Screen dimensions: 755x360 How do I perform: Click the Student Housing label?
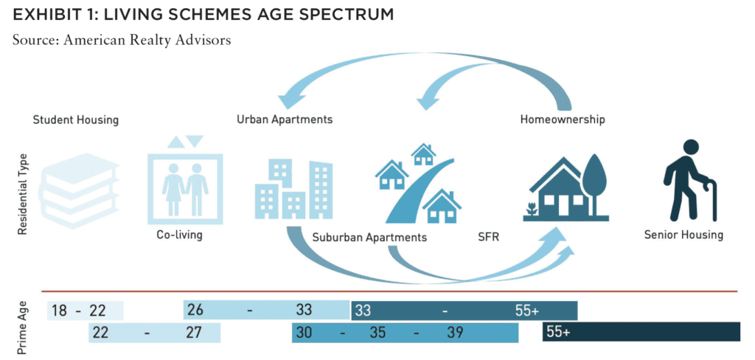(x=76, y=120)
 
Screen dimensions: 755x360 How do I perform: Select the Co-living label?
(x=179, y=235)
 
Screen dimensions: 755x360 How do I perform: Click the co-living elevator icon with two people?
(x=185, y=179)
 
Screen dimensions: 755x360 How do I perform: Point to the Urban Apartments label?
(x=285, y=120)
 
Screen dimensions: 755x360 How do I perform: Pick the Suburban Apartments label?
(x=369, y=237)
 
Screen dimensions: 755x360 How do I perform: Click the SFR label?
(x=488, y=237)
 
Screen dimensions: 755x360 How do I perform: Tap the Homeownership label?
(x=563, y=119)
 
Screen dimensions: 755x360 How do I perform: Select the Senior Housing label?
(x=683, y=235)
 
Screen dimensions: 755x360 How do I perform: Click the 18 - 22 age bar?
(x=86, y=311)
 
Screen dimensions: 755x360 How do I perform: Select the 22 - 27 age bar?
(x=154, y=333)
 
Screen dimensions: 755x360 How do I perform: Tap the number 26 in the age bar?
(x=195, y=311)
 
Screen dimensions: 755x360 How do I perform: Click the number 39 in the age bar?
(x=454, y=333)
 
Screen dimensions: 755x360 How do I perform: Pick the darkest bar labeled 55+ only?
(x=641, y=332)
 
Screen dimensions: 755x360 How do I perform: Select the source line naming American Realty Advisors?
(x=122, y=40)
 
